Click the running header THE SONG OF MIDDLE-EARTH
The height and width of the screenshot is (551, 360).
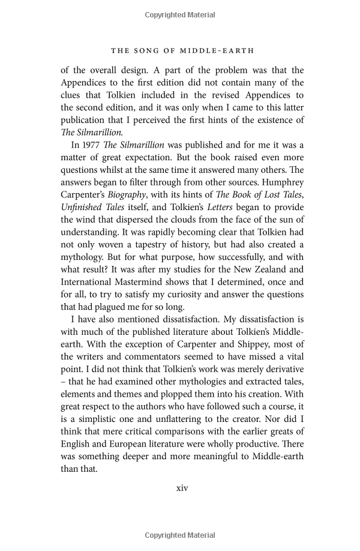pos(182,50)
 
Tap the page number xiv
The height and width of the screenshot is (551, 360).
pos(182,488)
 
